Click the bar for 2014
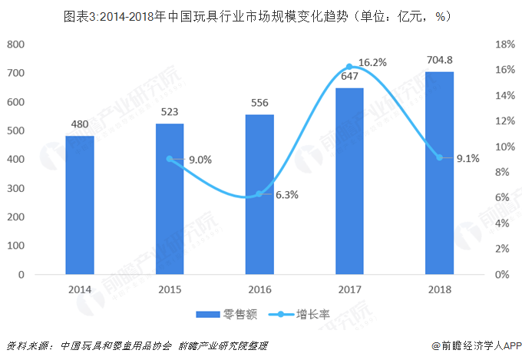pyautogui.click(x=79, y=205)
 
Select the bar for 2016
pyautogui.click(x=259, y=194)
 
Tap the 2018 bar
pyautogui.click(x=439, y=173)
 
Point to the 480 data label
pyautogui.click(x=80, y=125)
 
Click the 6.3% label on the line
pyautogui.click(x=286, y=195)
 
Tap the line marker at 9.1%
pyautogui.click(x=439, y=157)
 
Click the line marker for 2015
pyautogui.click(x=169, y=159)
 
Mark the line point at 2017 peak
pyautogui.click(x=349, y=67)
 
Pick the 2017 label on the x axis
pyautogui.click(x=349, y=289)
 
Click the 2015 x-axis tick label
pyautogui.click(x=169, y=289)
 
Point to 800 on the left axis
pyautogui.click(x=15, y=45)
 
